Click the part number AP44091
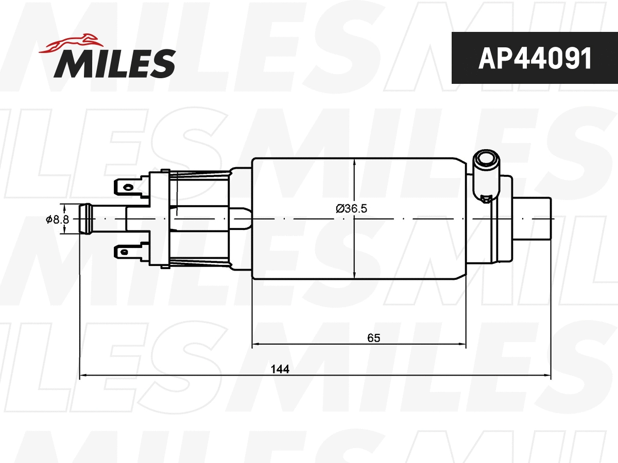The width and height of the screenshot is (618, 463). coord(534,58)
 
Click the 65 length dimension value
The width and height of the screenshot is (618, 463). coord(373,338)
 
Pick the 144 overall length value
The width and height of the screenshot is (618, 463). coord(280,369)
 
